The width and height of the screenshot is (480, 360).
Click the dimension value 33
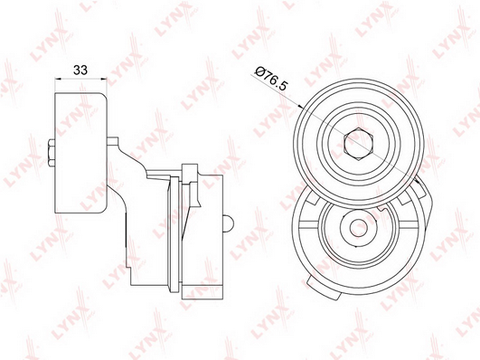tap(80, 71)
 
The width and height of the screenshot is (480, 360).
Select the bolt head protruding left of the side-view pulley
tap(52, 153)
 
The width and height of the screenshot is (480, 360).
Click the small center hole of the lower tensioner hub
tap(360, 228)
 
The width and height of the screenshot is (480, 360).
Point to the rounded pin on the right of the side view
tap(229, 223)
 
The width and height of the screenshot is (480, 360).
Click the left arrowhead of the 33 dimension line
tap(58, 79)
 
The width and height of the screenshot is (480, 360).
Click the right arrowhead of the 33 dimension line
tap(104, 79)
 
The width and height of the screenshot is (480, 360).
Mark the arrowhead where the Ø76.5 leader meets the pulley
tap(301, 107)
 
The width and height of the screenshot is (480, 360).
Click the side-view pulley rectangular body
tap(80, 153)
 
